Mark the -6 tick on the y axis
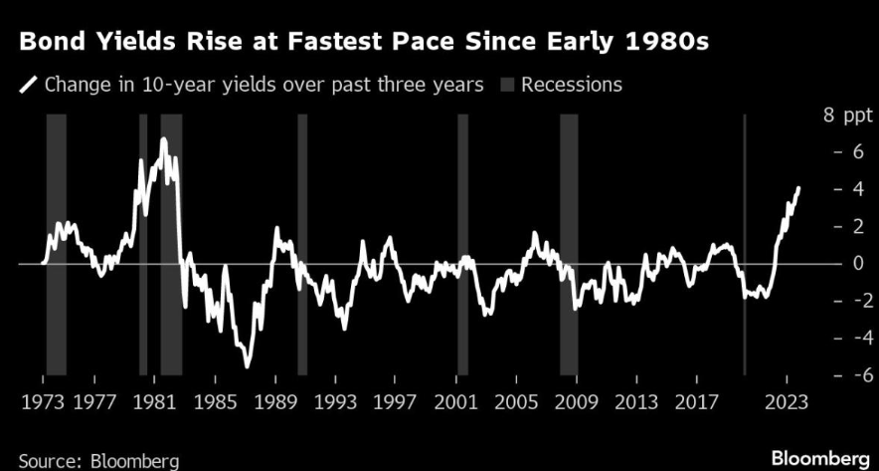click(x=841, y=375)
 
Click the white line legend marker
click(x=27, y=85)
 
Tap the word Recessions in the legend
click(x=571, y=85)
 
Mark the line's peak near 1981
click(x=163, y=138)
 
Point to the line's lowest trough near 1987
click(x=247, y=366)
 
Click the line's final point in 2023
click(x=798, y=187)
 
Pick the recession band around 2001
click(x=462, y=244)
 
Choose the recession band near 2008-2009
click(x=569, y=244)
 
